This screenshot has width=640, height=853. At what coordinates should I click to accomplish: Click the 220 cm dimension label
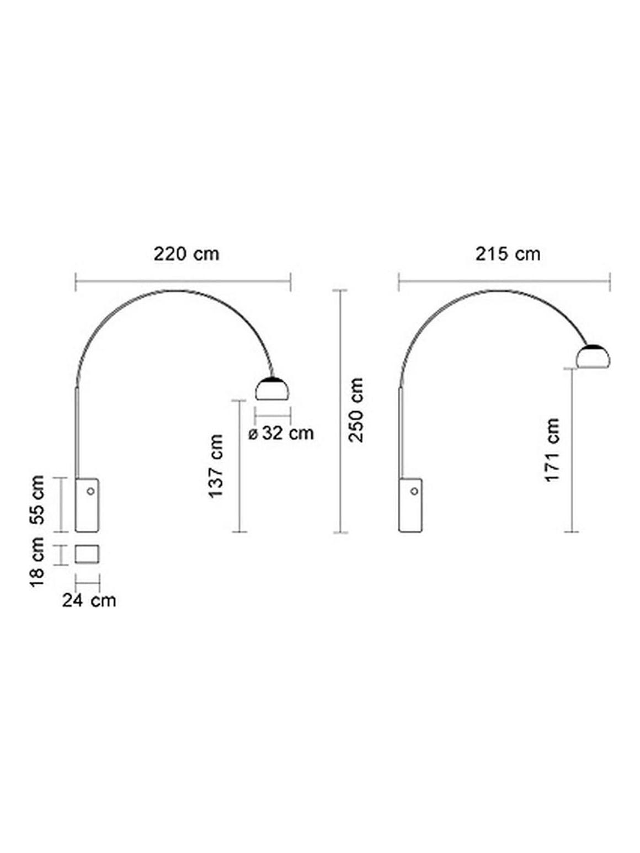coord(186,254)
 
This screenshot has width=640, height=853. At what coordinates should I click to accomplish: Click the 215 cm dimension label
coord(508,254)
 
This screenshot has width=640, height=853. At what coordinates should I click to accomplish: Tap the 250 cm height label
coord(357,409)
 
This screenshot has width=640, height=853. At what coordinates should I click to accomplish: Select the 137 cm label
coord(216,466)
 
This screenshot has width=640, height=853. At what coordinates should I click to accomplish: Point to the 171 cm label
coord(552,450)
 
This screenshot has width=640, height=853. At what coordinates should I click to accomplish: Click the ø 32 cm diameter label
coord(281,434)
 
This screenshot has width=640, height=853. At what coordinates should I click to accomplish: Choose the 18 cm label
coord(37,562)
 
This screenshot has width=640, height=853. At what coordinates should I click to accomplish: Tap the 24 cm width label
coord(89,600)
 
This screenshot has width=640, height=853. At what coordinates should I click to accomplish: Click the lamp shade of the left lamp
coord(273,389)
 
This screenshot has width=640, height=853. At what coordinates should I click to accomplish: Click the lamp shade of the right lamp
coord(593,357)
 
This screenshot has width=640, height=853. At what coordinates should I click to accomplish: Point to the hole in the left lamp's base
coord(90,491)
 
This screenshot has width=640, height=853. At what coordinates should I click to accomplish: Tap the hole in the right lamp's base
coord(413,491)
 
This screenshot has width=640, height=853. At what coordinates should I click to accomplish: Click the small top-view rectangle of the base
coord(87,555)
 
